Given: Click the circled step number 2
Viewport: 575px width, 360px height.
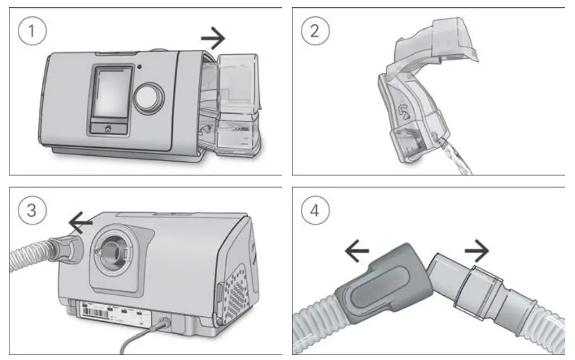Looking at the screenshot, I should [315, 32].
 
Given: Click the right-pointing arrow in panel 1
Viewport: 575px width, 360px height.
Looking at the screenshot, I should [213, 39].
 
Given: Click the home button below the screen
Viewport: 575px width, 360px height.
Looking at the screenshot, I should [108, 127].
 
